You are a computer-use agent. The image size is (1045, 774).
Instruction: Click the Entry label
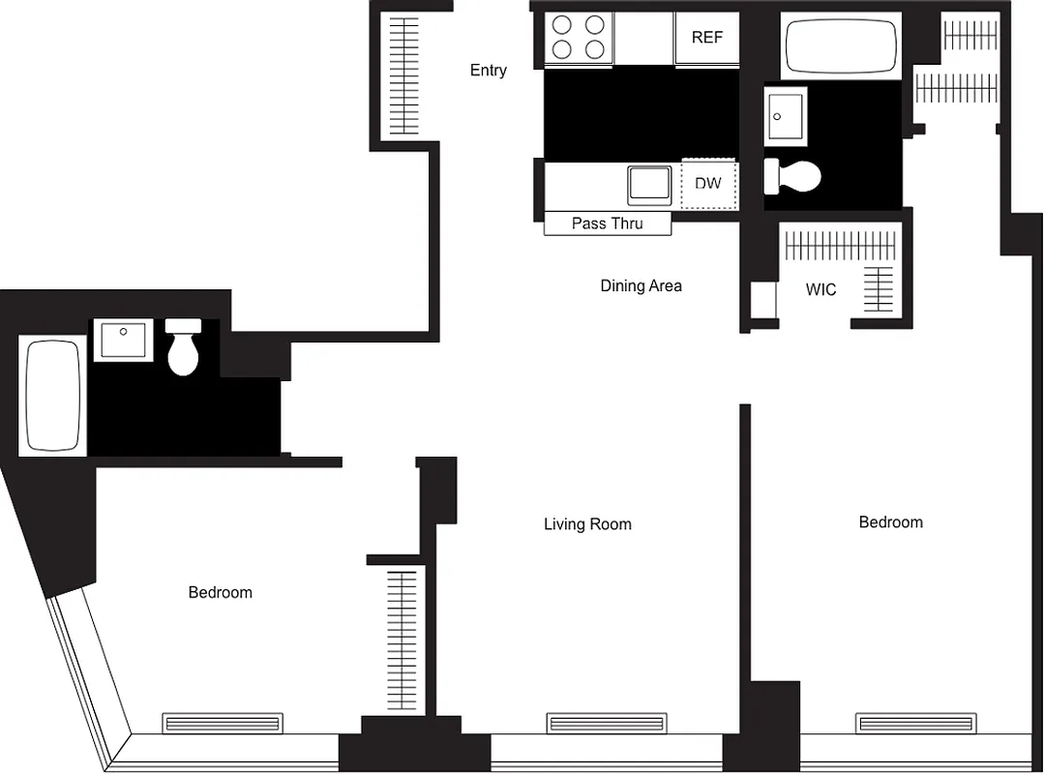(488, 70)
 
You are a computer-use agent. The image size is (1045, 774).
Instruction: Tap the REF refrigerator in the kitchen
(706, 39)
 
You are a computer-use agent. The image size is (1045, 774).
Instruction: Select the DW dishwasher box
(708, 183)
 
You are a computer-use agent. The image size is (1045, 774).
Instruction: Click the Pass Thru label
(607, 223)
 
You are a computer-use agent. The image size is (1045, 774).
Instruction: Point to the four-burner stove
(579, 37)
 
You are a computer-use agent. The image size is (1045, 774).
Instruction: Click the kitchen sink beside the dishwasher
(649, 185)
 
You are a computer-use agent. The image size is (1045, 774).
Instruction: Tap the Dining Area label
(641, 285)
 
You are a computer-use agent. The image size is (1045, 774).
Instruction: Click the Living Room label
(587, 524)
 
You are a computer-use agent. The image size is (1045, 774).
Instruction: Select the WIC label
(821, 289)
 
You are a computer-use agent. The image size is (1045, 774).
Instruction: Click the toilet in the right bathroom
(793, 176)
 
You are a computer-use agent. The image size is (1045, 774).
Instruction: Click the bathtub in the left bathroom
(52, 394)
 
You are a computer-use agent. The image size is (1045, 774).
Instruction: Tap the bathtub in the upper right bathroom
(841, 45)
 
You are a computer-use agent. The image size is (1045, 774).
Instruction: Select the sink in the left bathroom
(123, 341)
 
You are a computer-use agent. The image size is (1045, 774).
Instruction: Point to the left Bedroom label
(220, 592)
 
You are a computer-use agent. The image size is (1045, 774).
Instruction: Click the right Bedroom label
(890, 522)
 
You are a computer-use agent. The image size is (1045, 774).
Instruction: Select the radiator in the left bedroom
(223, 723)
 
